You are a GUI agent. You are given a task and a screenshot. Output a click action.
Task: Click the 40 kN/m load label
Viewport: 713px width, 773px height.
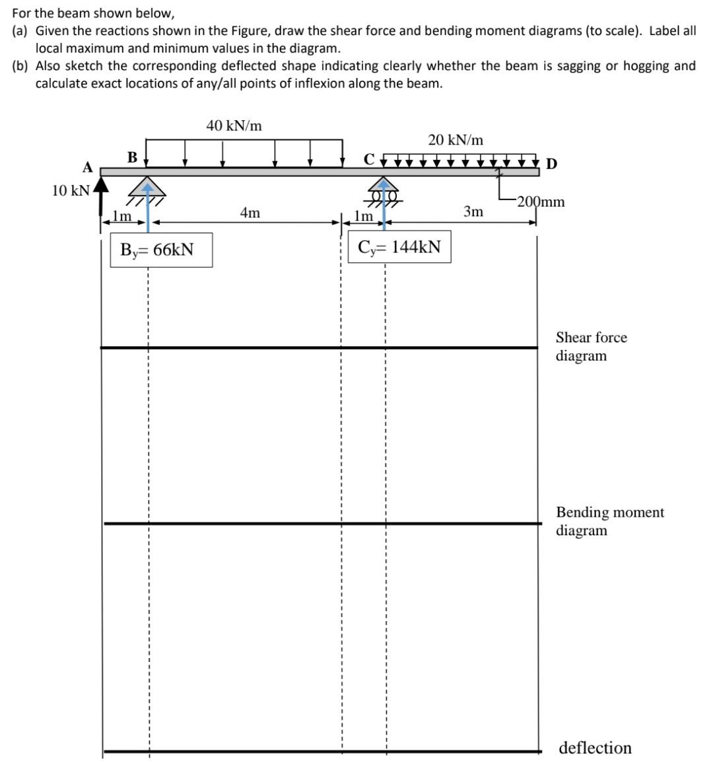point(234,126)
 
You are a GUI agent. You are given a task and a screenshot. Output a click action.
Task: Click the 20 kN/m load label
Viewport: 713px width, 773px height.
point(455,140)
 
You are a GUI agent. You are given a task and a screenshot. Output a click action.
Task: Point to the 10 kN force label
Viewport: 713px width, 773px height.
point(71,191)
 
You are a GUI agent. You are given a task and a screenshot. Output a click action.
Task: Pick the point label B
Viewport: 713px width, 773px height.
point(132,157)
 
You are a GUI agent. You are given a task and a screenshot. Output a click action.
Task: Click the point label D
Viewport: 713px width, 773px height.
point(551,163)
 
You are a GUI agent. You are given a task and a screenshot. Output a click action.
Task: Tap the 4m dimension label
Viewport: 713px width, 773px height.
point(250,213)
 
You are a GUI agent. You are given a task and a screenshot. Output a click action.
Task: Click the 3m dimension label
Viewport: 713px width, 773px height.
point(473,211)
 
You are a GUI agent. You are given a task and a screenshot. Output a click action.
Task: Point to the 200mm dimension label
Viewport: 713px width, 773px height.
point(541,202)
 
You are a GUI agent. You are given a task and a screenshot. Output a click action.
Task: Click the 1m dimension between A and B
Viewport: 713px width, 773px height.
point(121,215)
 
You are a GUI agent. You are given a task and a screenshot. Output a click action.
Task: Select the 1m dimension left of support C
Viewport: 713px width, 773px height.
point(362,215)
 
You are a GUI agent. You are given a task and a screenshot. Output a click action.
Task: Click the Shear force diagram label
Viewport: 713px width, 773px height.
point(591,347)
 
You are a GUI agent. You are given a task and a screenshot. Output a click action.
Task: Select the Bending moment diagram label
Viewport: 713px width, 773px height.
point(609,521)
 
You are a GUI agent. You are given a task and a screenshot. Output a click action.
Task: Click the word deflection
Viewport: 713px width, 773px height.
point(595,748)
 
